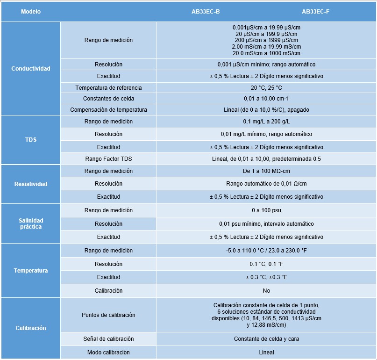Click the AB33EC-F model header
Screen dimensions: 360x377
tap(315, 11)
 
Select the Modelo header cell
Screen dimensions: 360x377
tap(31, 11)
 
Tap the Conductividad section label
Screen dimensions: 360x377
tap(31, 69)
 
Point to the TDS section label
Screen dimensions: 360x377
tap(31, 140)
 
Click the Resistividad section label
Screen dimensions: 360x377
tap(31, 184)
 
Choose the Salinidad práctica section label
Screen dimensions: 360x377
tap(31, 223)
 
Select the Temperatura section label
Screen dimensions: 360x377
tap(31, 271)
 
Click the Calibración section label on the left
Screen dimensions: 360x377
tap(31, 328)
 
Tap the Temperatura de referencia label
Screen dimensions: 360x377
tap(108, 88)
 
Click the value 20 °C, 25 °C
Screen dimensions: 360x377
tap(266, 88)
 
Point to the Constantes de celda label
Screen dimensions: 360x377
tap(108, 99)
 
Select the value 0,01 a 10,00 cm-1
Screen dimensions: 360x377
tap(266, 99)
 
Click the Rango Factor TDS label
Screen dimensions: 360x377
tap(108, 159)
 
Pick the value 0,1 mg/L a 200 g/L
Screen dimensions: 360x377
tap(266, 122)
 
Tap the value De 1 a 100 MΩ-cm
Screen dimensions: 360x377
tap(266, 171)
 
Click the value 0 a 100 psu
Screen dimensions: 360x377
tap(266, 210)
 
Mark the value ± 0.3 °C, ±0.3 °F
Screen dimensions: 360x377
tap(266, 277)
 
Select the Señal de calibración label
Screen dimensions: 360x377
tap(108, 339)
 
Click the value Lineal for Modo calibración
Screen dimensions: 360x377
tap(266, 352)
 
